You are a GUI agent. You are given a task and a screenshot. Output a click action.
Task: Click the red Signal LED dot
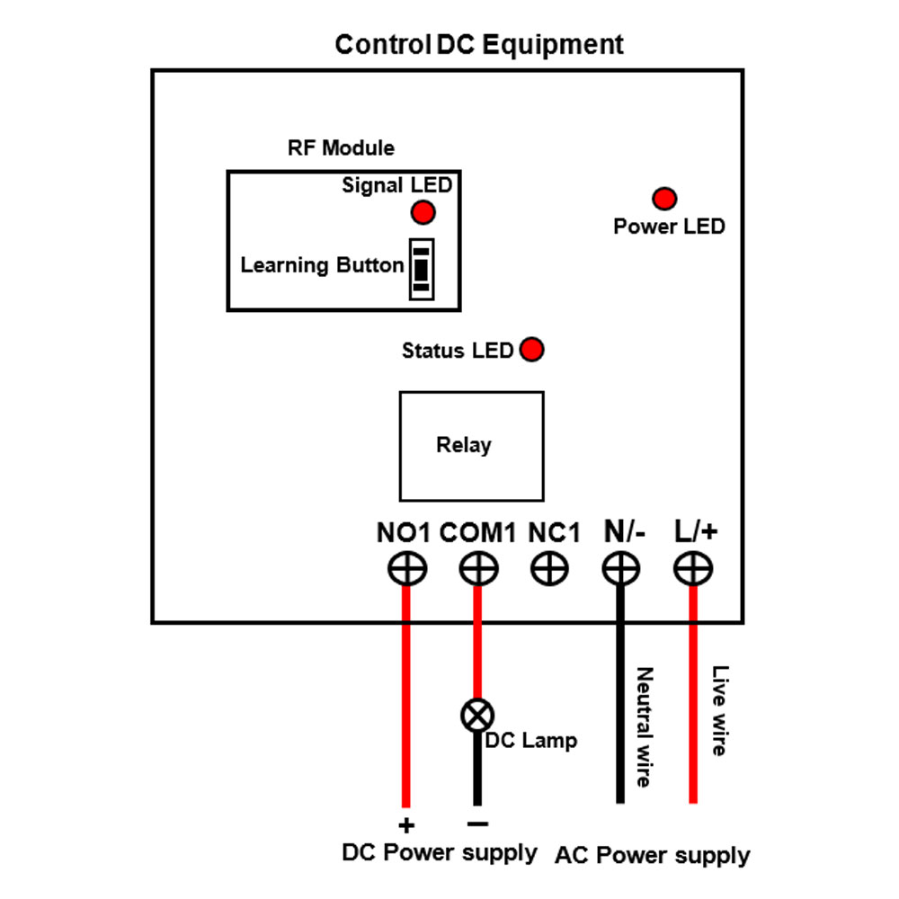[423, 212]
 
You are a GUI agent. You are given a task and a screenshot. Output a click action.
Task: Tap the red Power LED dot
[664, 199]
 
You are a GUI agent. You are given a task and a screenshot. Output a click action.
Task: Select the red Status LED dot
[532, 350]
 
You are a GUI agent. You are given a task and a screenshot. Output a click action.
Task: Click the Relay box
[471, 446]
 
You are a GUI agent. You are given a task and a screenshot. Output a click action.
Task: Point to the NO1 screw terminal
[406, 568]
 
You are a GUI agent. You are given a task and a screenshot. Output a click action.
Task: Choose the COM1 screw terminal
[477, 568]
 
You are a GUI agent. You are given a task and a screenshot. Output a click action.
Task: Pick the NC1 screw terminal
[548, 568]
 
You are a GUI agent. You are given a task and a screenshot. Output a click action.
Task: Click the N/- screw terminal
[620, 568]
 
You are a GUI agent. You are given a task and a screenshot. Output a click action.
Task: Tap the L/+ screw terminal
[693, 568]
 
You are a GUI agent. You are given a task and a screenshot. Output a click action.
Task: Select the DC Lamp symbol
[477, 716]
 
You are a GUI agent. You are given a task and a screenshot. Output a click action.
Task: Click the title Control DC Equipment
[479, 45]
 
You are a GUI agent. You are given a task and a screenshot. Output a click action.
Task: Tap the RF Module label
[341, 147]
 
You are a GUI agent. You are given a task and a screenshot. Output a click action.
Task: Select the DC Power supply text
[440, 852]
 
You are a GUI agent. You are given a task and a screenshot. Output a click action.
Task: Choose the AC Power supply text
[652, 855]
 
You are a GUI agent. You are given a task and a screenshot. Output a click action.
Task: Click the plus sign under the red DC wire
[406, 826]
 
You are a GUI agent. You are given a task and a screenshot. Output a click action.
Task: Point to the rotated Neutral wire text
[644, 726]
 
